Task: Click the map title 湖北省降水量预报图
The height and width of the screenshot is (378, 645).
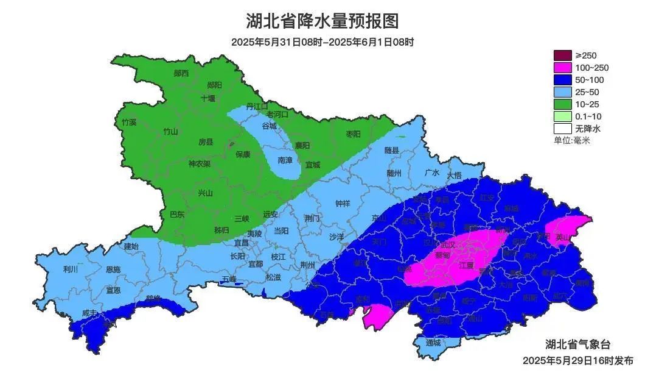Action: (322, 21)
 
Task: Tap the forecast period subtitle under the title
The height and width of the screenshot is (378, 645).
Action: (322, 42)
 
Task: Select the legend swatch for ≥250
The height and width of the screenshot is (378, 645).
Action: (563, 55)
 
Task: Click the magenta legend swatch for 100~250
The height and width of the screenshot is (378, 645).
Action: (563, 68)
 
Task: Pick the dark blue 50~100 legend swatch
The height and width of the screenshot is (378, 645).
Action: (563, 80)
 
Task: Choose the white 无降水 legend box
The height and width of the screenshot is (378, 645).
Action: (563, 129)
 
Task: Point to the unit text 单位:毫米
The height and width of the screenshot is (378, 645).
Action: (571, 140)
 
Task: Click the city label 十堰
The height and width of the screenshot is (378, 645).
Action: (208, 98)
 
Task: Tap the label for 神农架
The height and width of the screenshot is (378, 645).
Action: (199, 164)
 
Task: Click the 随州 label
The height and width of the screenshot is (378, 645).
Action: (394, 173)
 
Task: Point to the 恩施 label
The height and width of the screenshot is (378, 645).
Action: (113, 269)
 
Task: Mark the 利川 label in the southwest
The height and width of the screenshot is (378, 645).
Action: (71, 269)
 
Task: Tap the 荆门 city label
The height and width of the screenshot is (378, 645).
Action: (312, 218)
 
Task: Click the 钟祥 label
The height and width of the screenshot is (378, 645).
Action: (344, 204)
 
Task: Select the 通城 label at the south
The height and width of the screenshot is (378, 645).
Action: (433, 343)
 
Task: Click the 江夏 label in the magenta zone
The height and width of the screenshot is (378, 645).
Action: (466, 265)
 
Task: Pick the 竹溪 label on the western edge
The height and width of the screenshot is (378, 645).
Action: (129, 122)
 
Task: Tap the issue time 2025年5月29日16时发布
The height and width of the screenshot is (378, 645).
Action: (577, 360)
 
